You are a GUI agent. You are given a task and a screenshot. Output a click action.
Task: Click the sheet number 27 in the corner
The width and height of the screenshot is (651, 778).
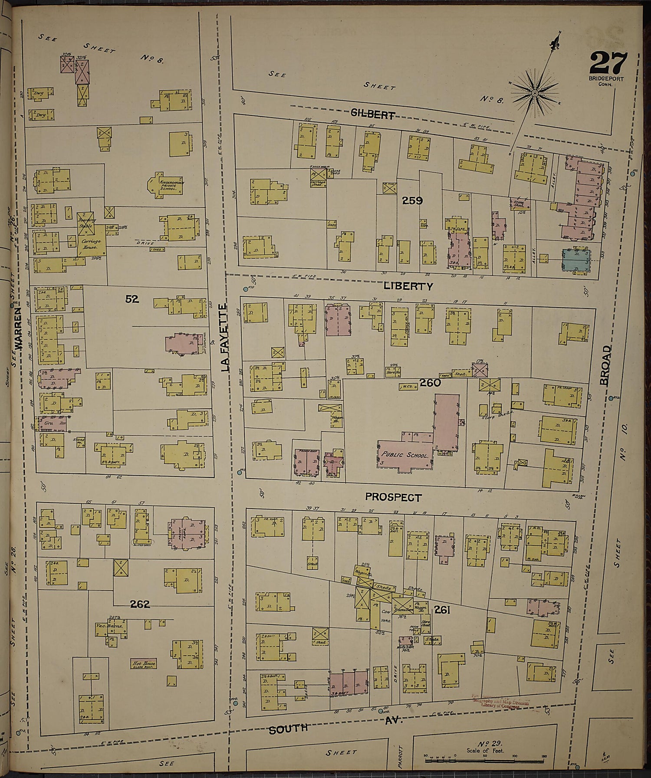pyautogui.click(x=608, y=63)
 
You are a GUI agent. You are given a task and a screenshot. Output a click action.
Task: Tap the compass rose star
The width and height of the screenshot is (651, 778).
pyautogui.click(x=535, y=93)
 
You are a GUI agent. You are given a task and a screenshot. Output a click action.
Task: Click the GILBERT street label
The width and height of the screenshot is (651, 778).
pyautogui.click(x=372, y=115)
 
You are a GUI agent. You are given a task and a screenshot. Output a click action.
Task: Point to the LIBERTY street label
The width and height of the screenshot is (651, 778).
pyautogui.click(x=408, y=286)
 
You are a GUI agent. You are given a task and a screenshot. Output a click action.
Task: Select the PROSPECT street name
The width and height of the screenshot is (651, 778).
pyautogui.click(x=393, y=497)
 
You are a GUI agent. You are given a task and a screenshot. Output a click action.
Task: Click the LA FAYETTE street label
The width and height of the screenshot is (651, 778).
pyautogui.click(x=224, y=338)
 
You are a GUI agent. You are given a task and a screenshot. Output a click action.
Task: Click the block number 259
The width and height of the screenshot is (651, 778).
pyautogui.click(x=412, y=200)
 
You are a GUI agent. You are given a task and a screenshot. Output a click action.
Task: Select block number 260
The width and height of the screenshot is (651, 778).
pyautogui.click(x=430, y=383)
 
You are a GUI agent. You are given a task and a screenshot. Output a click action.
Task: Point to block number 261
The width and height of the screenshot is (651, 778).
pyautogui.click(x=442, y=610)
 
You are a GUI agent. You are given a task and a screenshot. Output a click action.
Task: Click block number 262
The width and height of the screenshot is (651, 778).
pyautogui.click(x=140, y=604)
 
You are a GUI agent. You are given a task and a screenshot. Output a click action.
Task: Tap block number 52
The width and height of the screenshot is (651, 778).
pyautogui.click(x=132, y=299)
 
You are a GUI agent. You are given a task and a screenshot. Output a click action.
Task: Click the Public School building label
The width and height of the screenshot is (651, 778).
pyautogui.click(x=405, y=455)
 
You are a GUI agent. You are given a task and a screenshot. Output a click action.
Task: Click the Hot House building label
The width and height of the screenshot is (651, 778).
pyautogui.click(x=143, y=663)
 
